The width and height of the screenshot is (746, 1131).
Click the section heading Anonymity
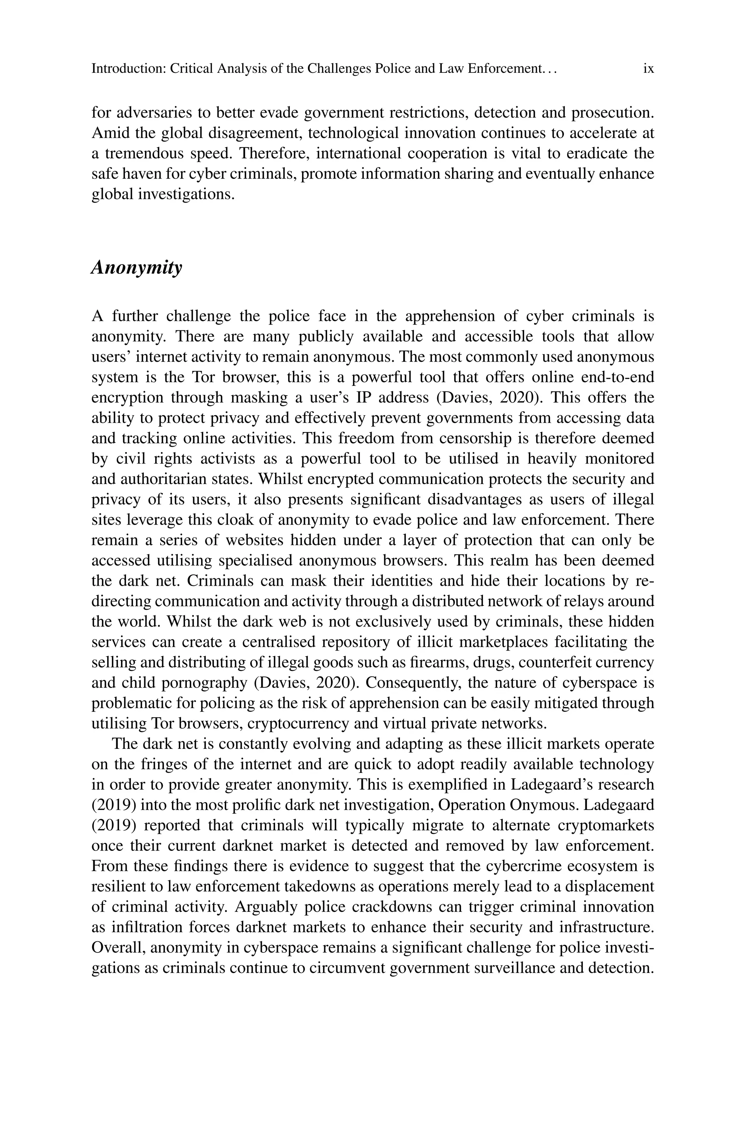click(137, 268)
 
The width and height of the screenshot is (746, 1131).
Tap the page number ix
click(648, 69)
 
